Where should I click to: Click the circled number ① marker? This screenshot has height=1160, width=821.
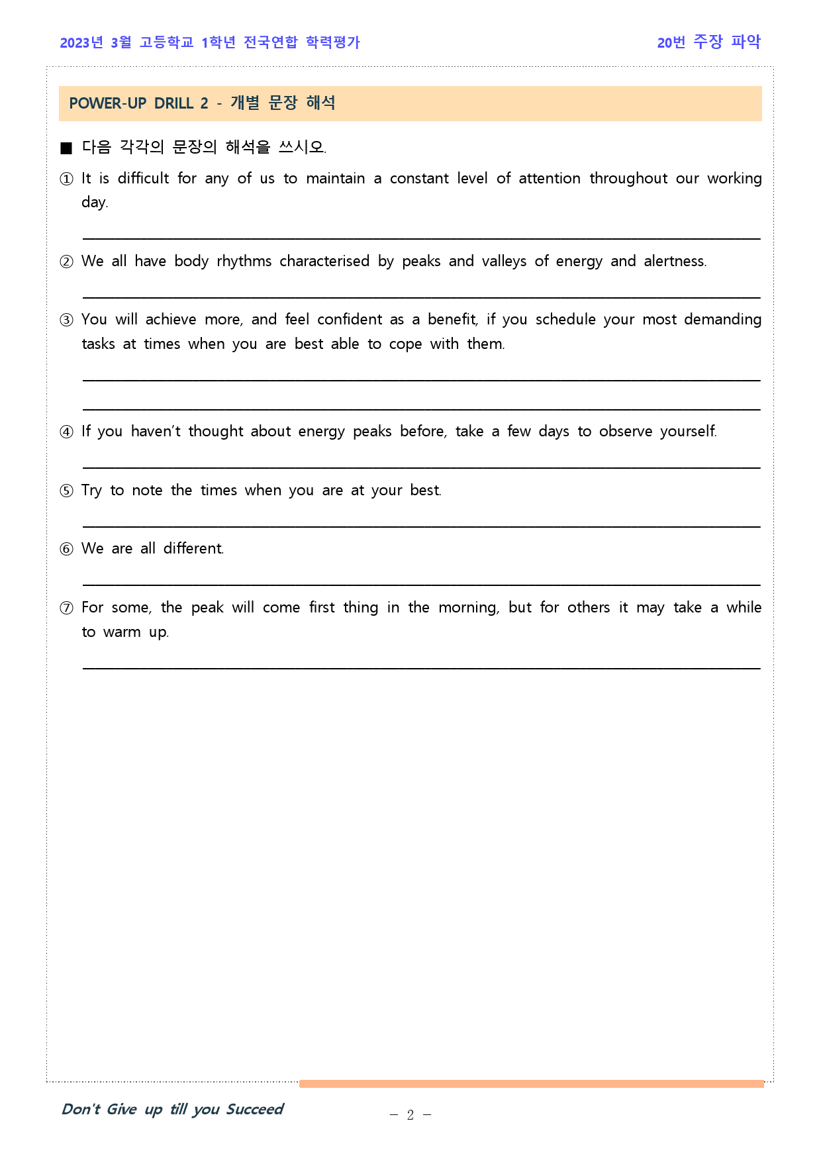[66, 179]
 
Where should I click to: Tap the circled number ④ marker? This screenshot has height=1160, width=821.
[66, 432]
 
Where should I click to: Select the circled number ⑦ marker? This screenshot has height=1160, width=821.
[66, 608]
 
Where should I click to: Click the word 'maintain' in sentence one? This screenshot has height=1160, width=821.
[335, 179]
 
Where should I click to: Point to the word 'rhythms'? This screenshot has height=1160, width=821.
[244, 262]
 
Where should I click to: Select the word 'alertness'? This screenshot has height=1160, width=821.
[675, 262]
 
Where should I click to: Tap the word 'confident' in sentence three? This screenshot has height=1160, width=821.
[350, 320]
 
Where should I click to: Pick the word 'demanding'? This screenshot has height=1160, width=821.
[722, 320]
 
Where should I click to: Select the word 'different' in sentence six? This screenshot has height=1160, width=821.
[193, 549]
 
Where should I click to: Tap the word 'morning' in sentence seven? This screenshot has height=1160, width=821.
[468, 608]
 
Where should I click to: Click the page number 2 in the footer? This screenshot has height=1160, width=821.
[410, 1115]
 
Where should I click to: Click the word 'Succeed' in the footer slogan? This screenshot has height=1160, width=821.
[254, 1109]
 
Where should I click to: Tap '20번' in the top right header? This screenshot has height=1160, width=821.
[671, 43]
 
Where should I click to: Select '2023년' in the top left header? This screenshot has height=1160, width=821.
[81, 43]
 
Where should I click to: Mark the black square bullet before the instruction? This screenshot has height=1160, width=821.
[66, 148]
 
